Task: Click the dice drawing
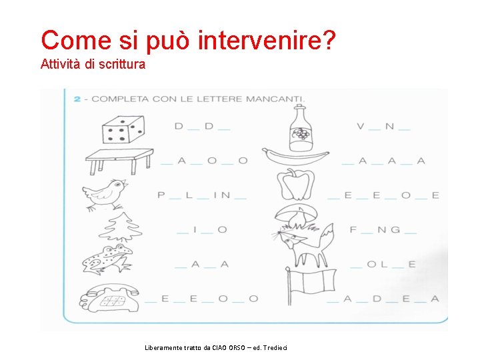click(123, 129)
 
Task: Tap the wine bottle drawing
click(301, 128)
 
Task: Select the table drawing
click(119, 161)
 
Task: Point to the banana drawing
click(295, 157)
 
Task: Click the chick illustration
click(105, 195)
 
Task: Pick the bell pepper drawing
click(296, 184)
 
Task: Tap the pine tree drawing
click(120, 227)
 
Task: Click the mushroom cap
click(296, 212)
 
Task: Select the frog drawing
click(107, 259)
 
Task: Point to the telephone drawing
click(109, 297)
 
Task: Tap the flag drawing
click(311, 285)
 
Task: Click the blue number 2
click(77, 99)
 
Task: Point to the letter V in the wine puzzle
click(361, 126)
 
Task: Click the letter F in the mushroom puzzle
click(353, 229)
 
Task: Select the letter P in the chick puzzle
click(161, 195)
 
